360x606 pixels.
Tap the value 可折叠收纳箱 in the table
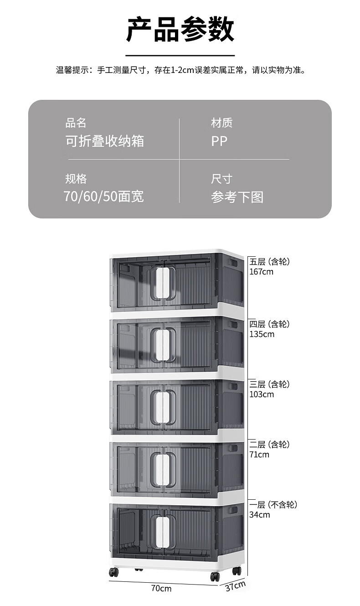pyautogui.click(x=105, y=141)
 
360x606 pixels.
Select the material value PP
pyautogui.click(x=219, y=141)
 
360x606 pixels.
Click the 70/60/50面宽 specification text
pyautogui.click(x=104, y=197)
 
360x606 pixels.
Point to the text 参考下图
pyautogui.click(x=237, y=197)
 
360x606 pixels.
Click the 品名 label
pyautogui.click(x=76, y=123)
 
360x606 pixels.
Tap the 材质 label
pyautogui.click(x=222, y=123)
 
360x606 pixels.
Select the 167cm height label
pyautogui.click(x=261, y=272)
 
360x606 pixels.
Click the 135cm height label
pyautogui.click(x=262, y=334)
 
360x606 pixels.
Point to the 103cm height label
pyautogui.click(x=262, y=394)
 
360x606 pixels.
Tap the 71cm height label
pyautogui.click(x=259, y=455)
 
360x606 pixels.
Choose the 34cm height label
pyautogui.click(x=260, y=515)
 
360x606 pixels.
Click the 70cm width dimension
pyautogui.click(x=161, y=588)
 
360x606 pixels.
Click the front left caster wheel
pyautogui.click(x=113, y=572)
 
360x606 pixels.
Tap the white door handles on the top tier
pyautogui.click(x=163, y=283)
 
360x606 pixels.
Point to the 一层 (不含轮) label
pyautogui.click(x=273, y=505)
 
